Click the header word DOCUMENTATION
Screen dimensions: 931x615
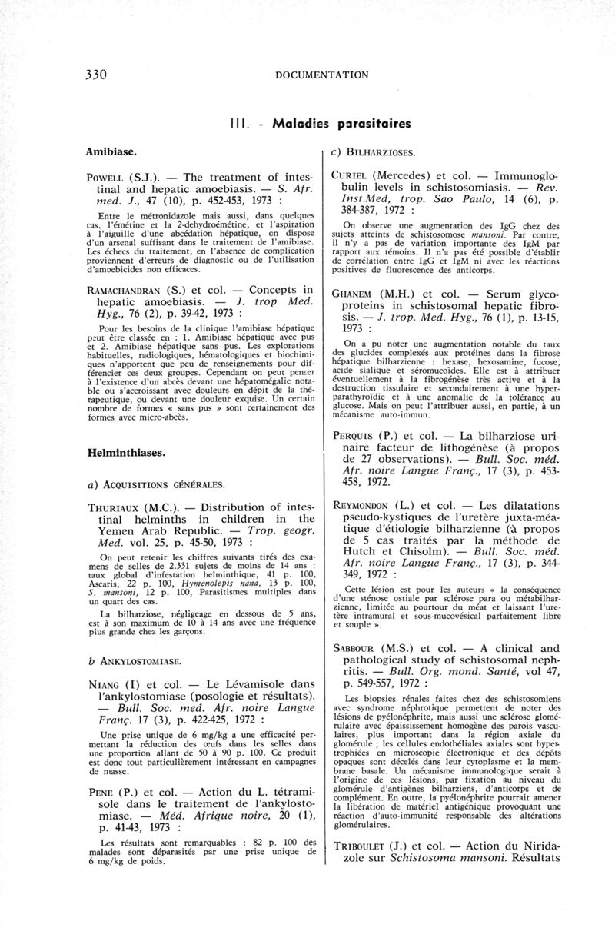[x=321, y=75]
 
